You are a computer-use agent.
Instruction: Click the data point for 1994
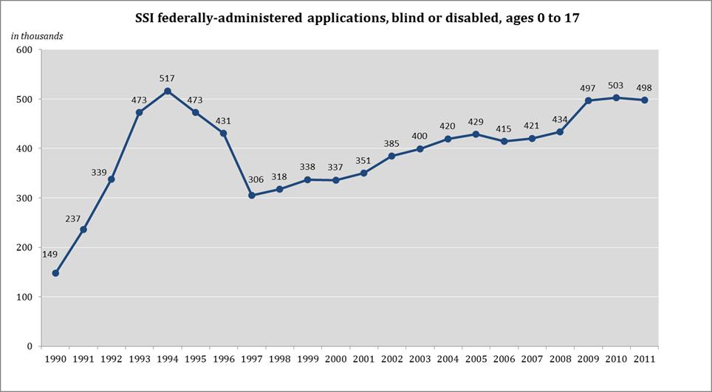point(168,91)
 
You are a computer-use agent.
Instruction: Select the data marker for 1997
point(251,196)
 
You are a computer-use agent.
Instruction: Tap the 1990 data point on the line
point(55,273)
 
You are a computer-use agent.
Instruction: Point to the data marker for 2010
point(616,97)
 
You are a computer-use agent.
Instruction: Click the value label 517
point(168,77)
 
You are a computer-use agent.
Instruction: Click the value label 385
point(391,142)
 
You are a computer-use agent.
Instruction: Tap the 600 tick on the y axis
point(26,50)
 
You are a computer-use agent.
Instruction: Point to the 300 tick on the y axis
point(26,199)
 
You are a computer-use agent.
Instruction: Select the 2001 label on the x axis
point(363,360)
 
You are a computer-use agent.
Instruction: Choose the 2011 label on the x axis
point(644,360)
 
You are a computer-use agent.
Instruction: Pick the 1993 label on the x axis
point(139,360)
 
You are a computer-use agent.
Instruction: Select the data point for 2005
point(476,134)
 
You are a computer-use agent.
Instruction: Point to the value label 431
point(224,120)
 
